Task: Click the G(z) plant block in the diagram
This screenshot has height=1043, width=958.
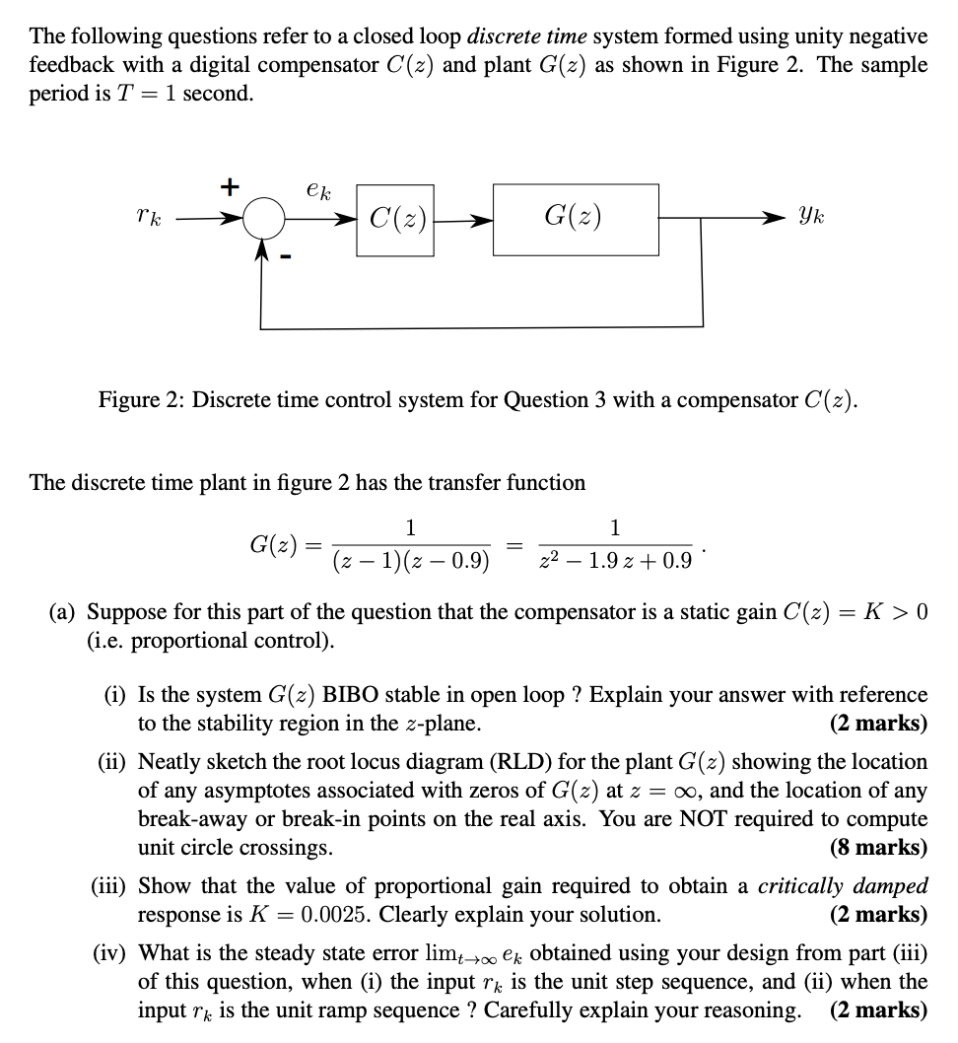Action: [575, 217]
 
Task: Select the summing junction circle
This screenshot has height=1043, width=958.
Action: [262, 217]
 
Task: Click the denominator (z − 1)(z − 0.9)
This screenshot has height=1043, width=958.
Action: [411, 562]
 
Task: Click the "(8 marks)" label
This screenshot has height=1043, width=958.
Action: [879, 848]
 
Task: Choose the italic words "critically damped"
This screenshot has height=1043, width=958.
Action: [843, 886]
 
